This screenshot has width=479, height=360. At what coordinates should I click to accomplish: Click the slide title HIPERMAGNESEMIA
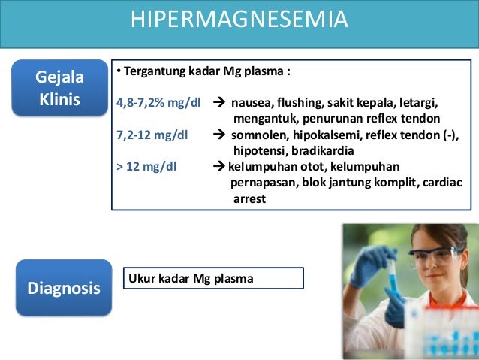239,19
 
